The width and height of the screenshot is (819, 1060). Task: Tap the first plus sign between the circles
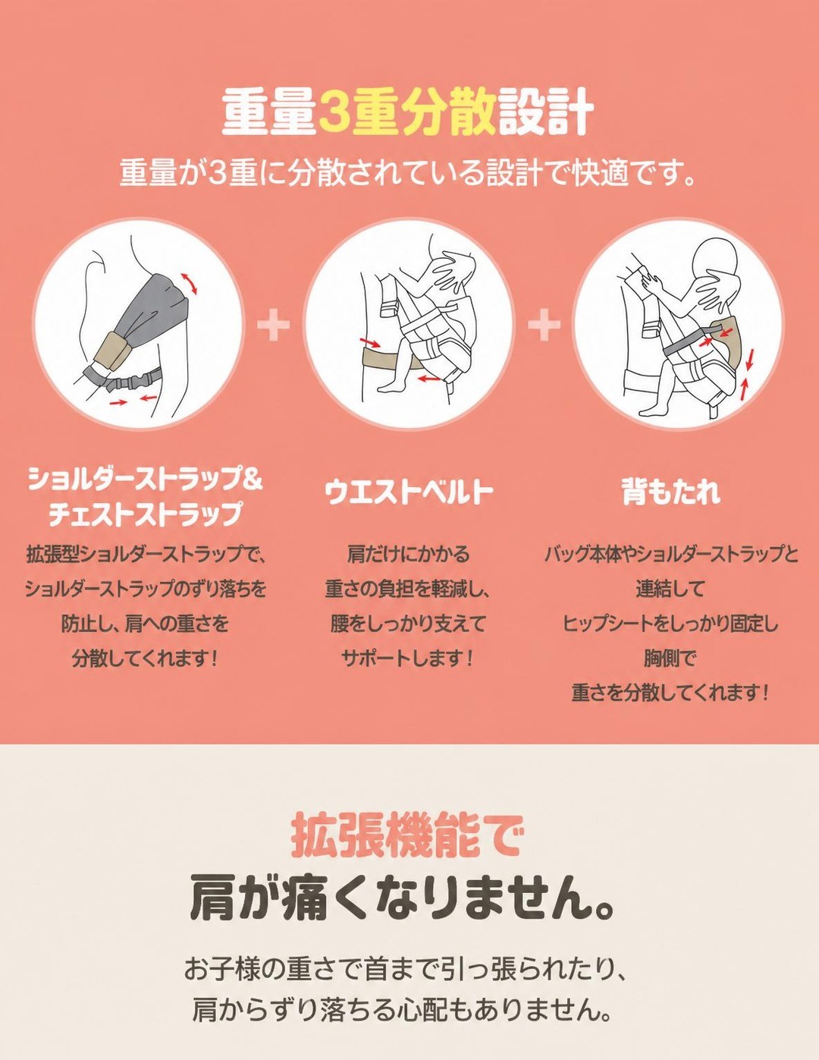tap(273, 325)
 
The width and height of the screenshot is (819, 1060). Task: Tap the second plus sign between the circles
tap(544, 325)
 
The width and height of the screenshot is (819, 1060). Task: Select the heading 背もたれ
tap(671, 491)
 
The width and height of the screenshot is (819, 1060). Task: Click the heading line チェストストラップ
tap(146, 513)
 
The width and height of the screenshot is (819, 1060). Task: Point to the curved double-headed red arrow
tap(188, 284)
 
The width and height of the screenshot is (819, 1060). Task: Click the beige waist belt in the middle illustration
tap(390, 359)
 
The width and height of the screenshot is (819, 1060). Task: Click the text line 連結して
tap(670, 589)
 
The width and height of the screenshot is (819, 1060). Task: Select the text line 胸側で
tap(670, 659)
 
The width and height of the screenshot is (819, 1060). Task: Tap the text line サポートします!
tap(407, 659)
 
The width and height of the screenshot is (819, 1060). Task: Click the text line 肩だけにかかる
tap(408, 554)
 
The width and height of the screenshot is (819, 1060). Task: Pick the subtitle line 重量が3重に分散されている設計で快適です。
tap(407, 173)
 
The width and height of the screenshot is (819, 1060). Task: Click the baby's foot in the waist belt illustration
tap(390, 385)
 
